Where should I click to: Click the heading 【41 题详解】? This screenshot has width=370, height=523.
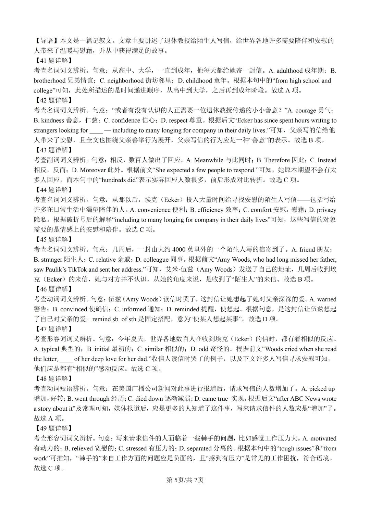[53, 61]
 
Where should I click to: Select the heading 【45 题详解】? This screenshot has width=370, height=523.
[53, 239]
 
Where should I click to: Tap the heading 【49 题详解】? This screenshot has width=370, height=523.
[53, 428]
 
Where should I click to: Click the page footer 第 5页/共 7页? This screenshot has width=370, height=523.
[185, 480]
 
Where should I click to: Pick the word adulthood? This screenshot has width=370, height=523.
[289, 71]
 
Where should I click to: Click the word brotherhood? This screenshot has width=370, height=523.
[49, 81]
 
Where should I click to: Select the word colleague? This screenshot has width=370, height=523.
[156, 259]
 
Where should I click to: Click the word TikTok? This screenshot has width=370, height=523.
[74, 269]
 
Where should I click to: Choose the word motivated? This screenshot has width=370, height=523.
[323, 438]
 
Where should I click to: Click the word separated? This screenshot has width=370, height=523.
[199, 448]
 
